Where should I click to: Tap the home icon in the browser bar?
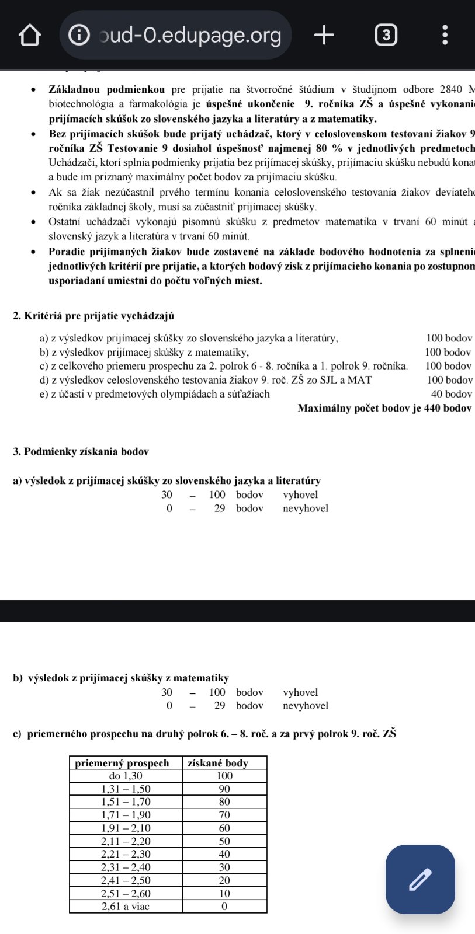coord(30,35)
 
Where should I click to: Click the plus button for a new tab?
coord(324,35)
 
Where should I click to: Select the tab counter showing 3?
coord(386,35)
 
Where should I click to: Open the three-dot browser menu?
coord(445,35)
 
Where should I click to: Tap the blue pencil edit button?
coord(420,879)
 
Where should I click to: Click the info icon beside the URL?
coord(79,35)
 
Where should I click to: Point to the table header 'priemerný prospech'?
coord(122,763)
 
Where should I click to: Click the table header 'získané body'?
coord(217,763)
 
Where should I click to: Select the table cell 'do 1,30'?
coord(126,776)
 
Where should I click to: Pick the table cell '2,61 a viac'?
coord(126,907)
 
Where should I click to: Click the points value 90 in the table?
coord(224,789)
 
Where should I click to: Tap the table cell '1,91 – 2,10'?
coord(126,828)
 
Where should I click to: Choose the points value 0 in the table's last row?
coord(224,907)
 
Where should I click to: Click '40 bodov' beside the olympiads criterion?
coord(451,394)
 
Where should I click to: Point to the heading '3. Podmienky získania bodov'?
coord(81,451)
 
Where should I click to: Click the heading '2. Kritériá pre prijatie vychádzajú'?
coord(93,316)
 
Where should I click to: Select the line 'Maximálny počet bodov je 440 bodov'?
coord(384,408)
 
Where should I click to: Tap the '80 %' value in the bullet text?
coord(329,148)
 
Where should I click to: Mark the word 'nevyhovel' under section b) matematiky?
coord(306,706)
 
